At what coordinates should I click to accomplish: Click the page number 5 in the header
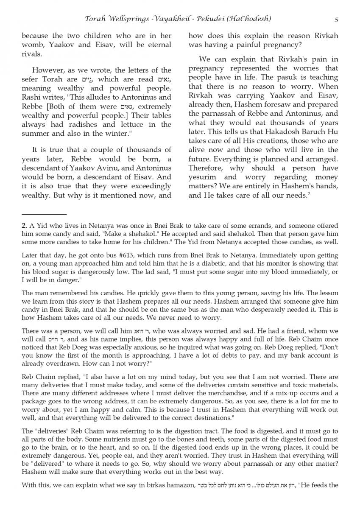[336, 19]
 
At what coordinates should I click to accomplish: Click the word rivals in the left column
[32, 55]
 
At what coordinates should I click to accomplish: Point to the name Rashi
[33, 97]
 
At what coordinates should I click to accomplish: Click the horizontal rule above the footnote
[44, 215]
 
